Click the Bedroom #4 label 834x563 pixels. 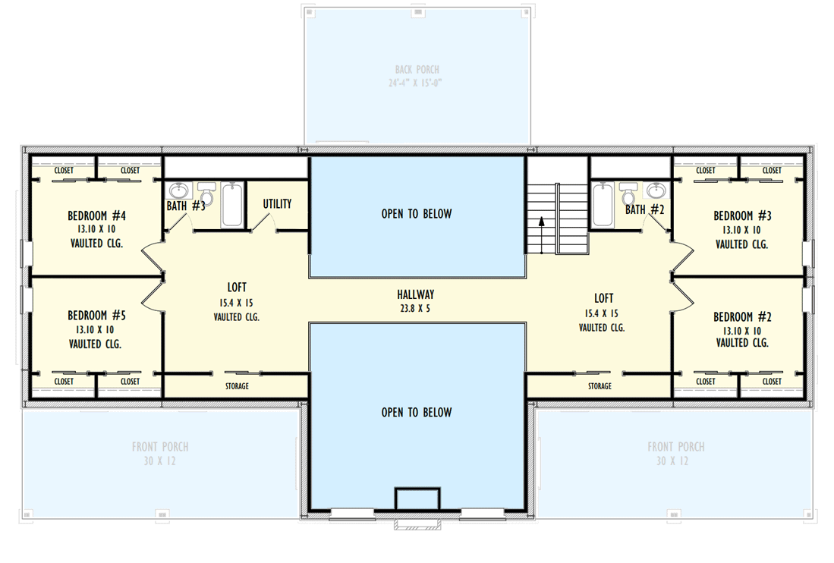[x=96, y=215]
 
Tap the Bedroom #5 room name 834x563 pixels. [x=96, y=316]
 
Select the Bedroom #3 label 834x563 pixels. [x=742, y=215]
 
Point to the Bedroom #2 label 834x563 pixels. [x=742, y=316]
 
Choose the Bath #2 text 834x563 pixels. [x=645, y=209]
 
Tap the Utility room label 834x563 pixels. [x=277, y=204]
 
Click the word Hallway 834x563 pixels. [x=415, y=294]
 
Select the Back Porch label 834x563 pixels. [x=417, y=70]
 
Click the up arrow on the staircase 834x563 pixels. [x=541, y=222]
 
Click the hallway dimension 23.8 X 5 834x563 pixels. [x=415, y=309]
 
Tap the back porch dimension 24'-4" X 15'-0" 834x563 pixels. [x=417, y=82]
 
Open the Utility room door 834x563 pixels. [x=265, y=221]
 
